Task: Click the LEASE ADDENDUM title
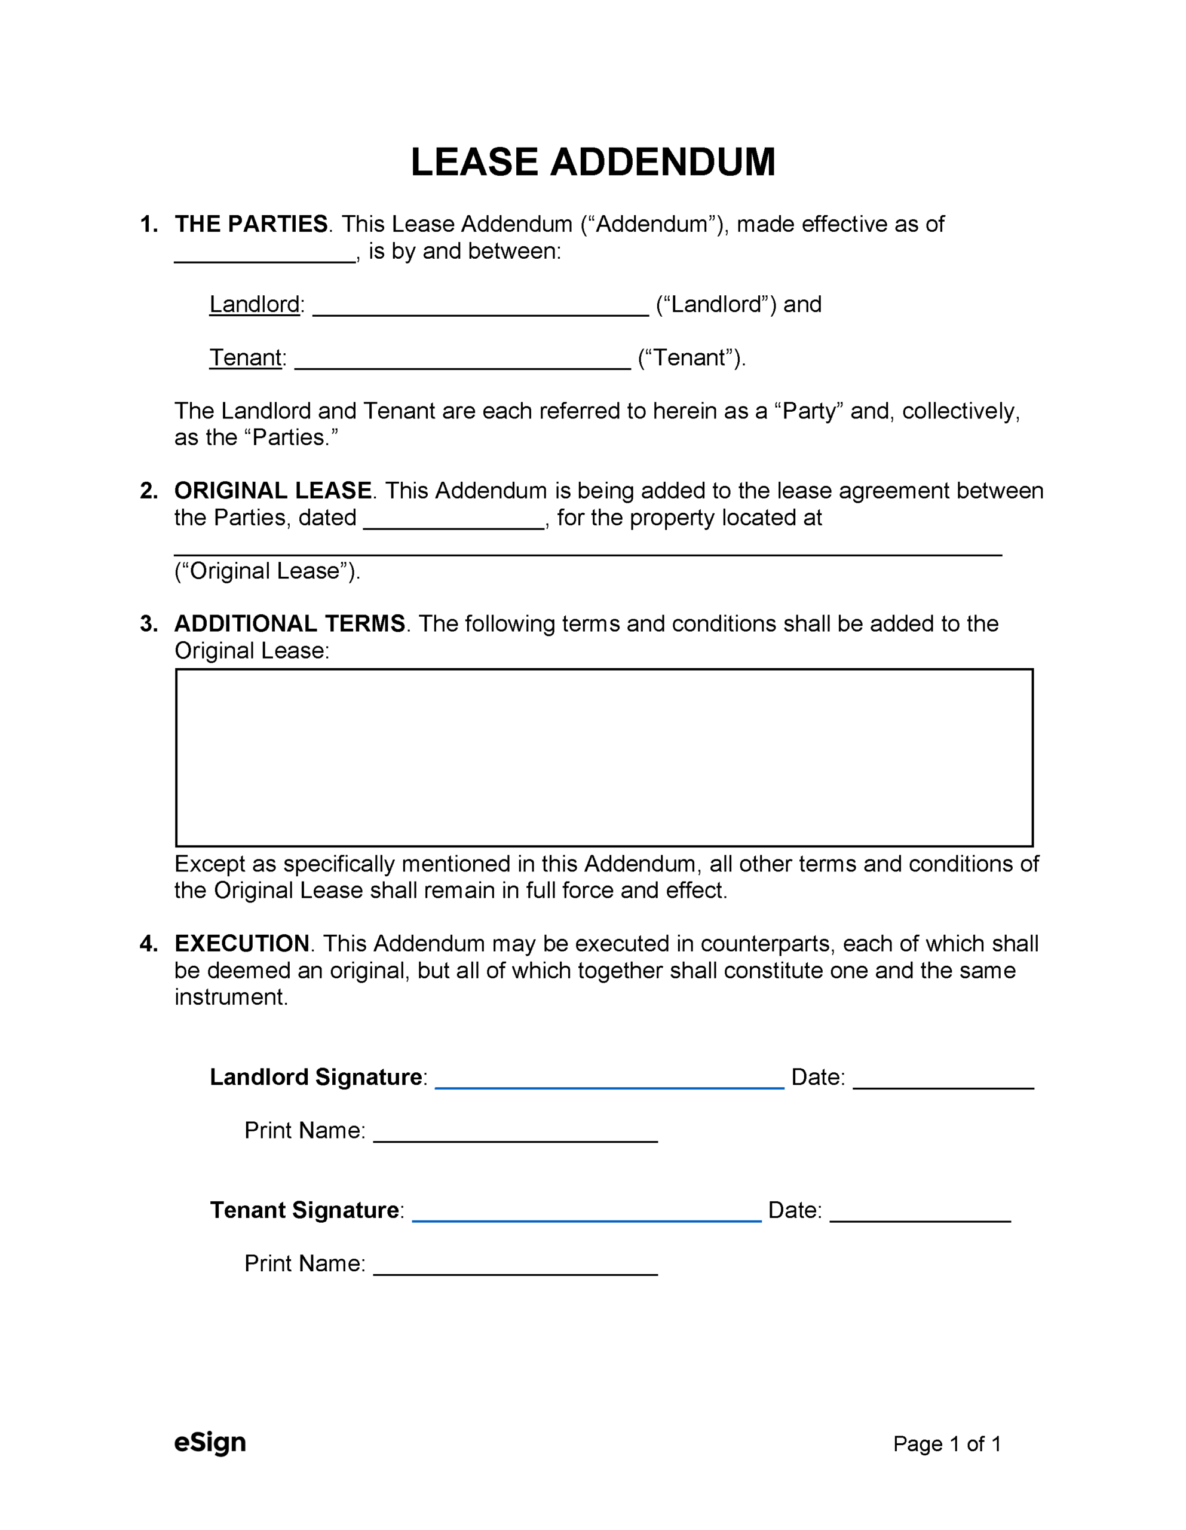[x=593, y=162]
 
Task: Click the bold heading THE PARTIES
[x=251, y=224]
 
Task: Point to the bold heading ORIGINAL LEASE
[x=273, y=491]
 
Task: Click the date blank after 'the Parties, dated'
[x=454, y=522]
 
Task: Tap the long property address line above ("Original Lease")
[x=587, y=549]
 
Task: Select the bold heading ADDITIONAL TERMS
[x=289, y=623]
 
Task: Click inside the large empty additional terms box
[x=604, y=757]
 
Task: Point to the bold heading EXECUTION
[x=242, y=944]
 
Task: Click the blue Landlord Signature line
[x=609, y=1082]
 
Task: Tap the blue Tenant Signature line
[x=586, y=1216]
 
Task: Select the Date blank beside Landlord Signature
[x=943, y=1082]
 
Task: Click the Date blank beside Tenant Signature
[x=920, y=1216]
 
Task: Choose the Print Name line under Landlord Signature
[x=515, y=1136]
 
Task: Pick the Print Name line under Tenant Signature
[x=515, y=1269]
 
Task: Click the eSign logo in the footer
[x=210, y=1442]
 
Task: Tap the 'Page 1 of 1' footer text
[x=946, y=1444]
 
